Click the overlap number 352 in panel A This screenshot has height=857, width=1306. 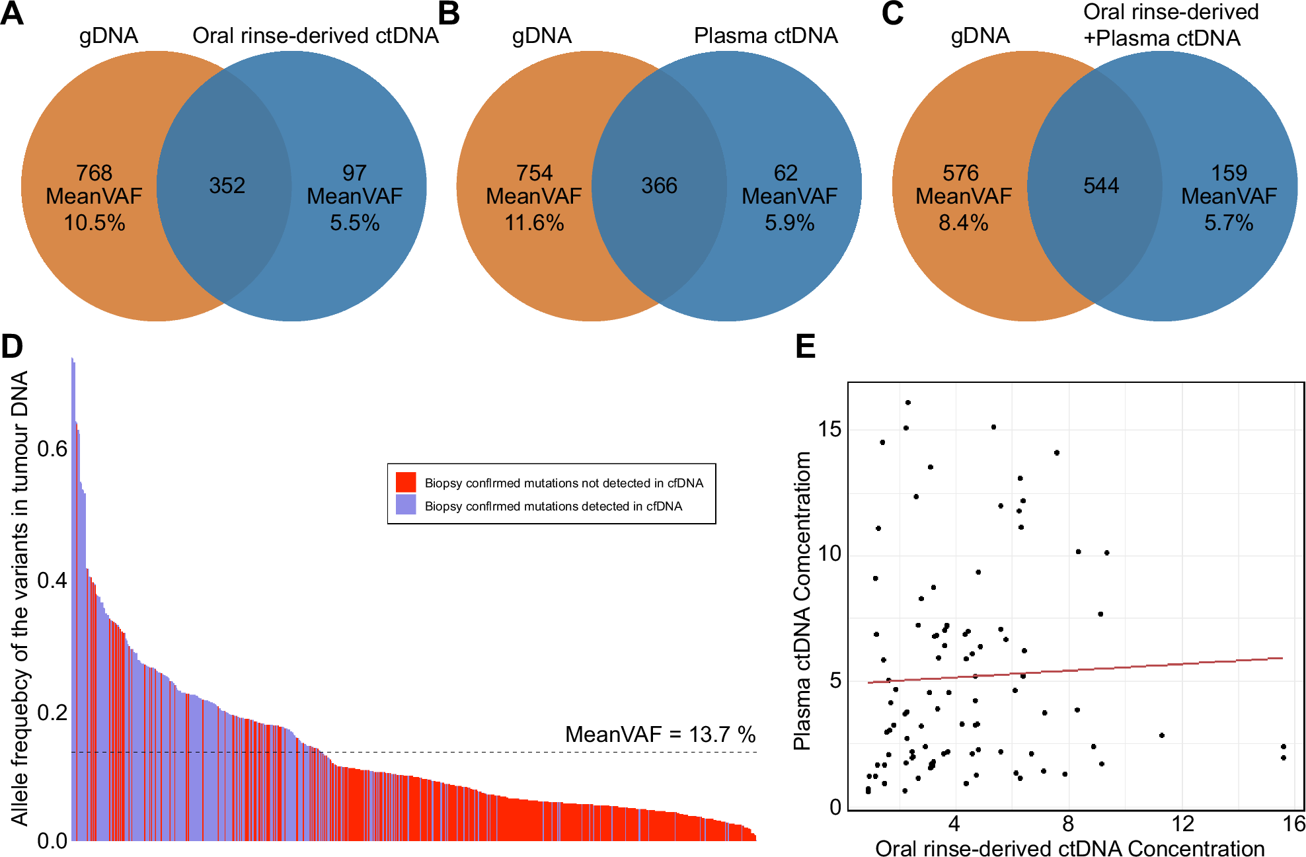click(x=227, y=186)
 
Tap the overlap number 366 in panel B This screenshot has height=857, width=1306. click(x=659, y=186)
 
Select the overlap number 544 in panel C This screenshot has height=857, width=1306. click(x=1101, y=186)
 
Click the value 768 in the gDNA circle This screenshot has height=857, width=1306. click(x=94, y=173)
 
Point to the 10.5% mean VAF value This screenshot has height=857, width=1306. click(x=94, y=223)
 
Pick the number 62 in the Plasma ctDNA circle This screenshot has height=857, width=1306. click(x=786, y=173)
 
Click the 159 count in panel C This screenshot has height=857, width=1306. click(x=1229, y=173)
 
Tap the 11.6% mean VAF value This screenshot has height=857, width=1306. click(x=534, y=223)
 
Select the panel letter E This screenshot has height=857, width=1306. click(x=805, y=347)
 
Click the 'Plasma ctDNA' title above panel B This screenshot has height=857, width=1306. click(x=765, y=36)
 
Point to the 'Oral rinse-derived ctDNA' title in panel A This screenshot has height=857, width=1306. click(x=315, y=36)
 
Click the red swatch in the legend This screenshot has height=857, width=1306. click(x=406, y=482)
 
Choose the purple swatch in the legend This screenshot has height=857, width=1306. click(x=406, y=505)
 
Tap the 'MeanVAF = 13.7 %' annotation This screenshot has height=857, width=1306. click(x=660, y=734)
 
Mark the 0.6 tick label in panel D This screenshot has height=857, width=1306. click(x=52, y=449)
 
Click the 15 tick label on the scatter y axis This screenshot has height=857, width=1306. click(x=829, y=429)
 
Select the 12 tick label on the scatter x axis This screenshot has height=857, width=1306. click(x=1182, y=824)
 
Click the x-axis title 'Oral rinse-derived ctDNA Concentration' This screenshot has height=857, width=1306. click(x=1069, y=848)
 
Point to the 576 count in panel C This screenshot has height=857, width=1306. click(x=960, y=173)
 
